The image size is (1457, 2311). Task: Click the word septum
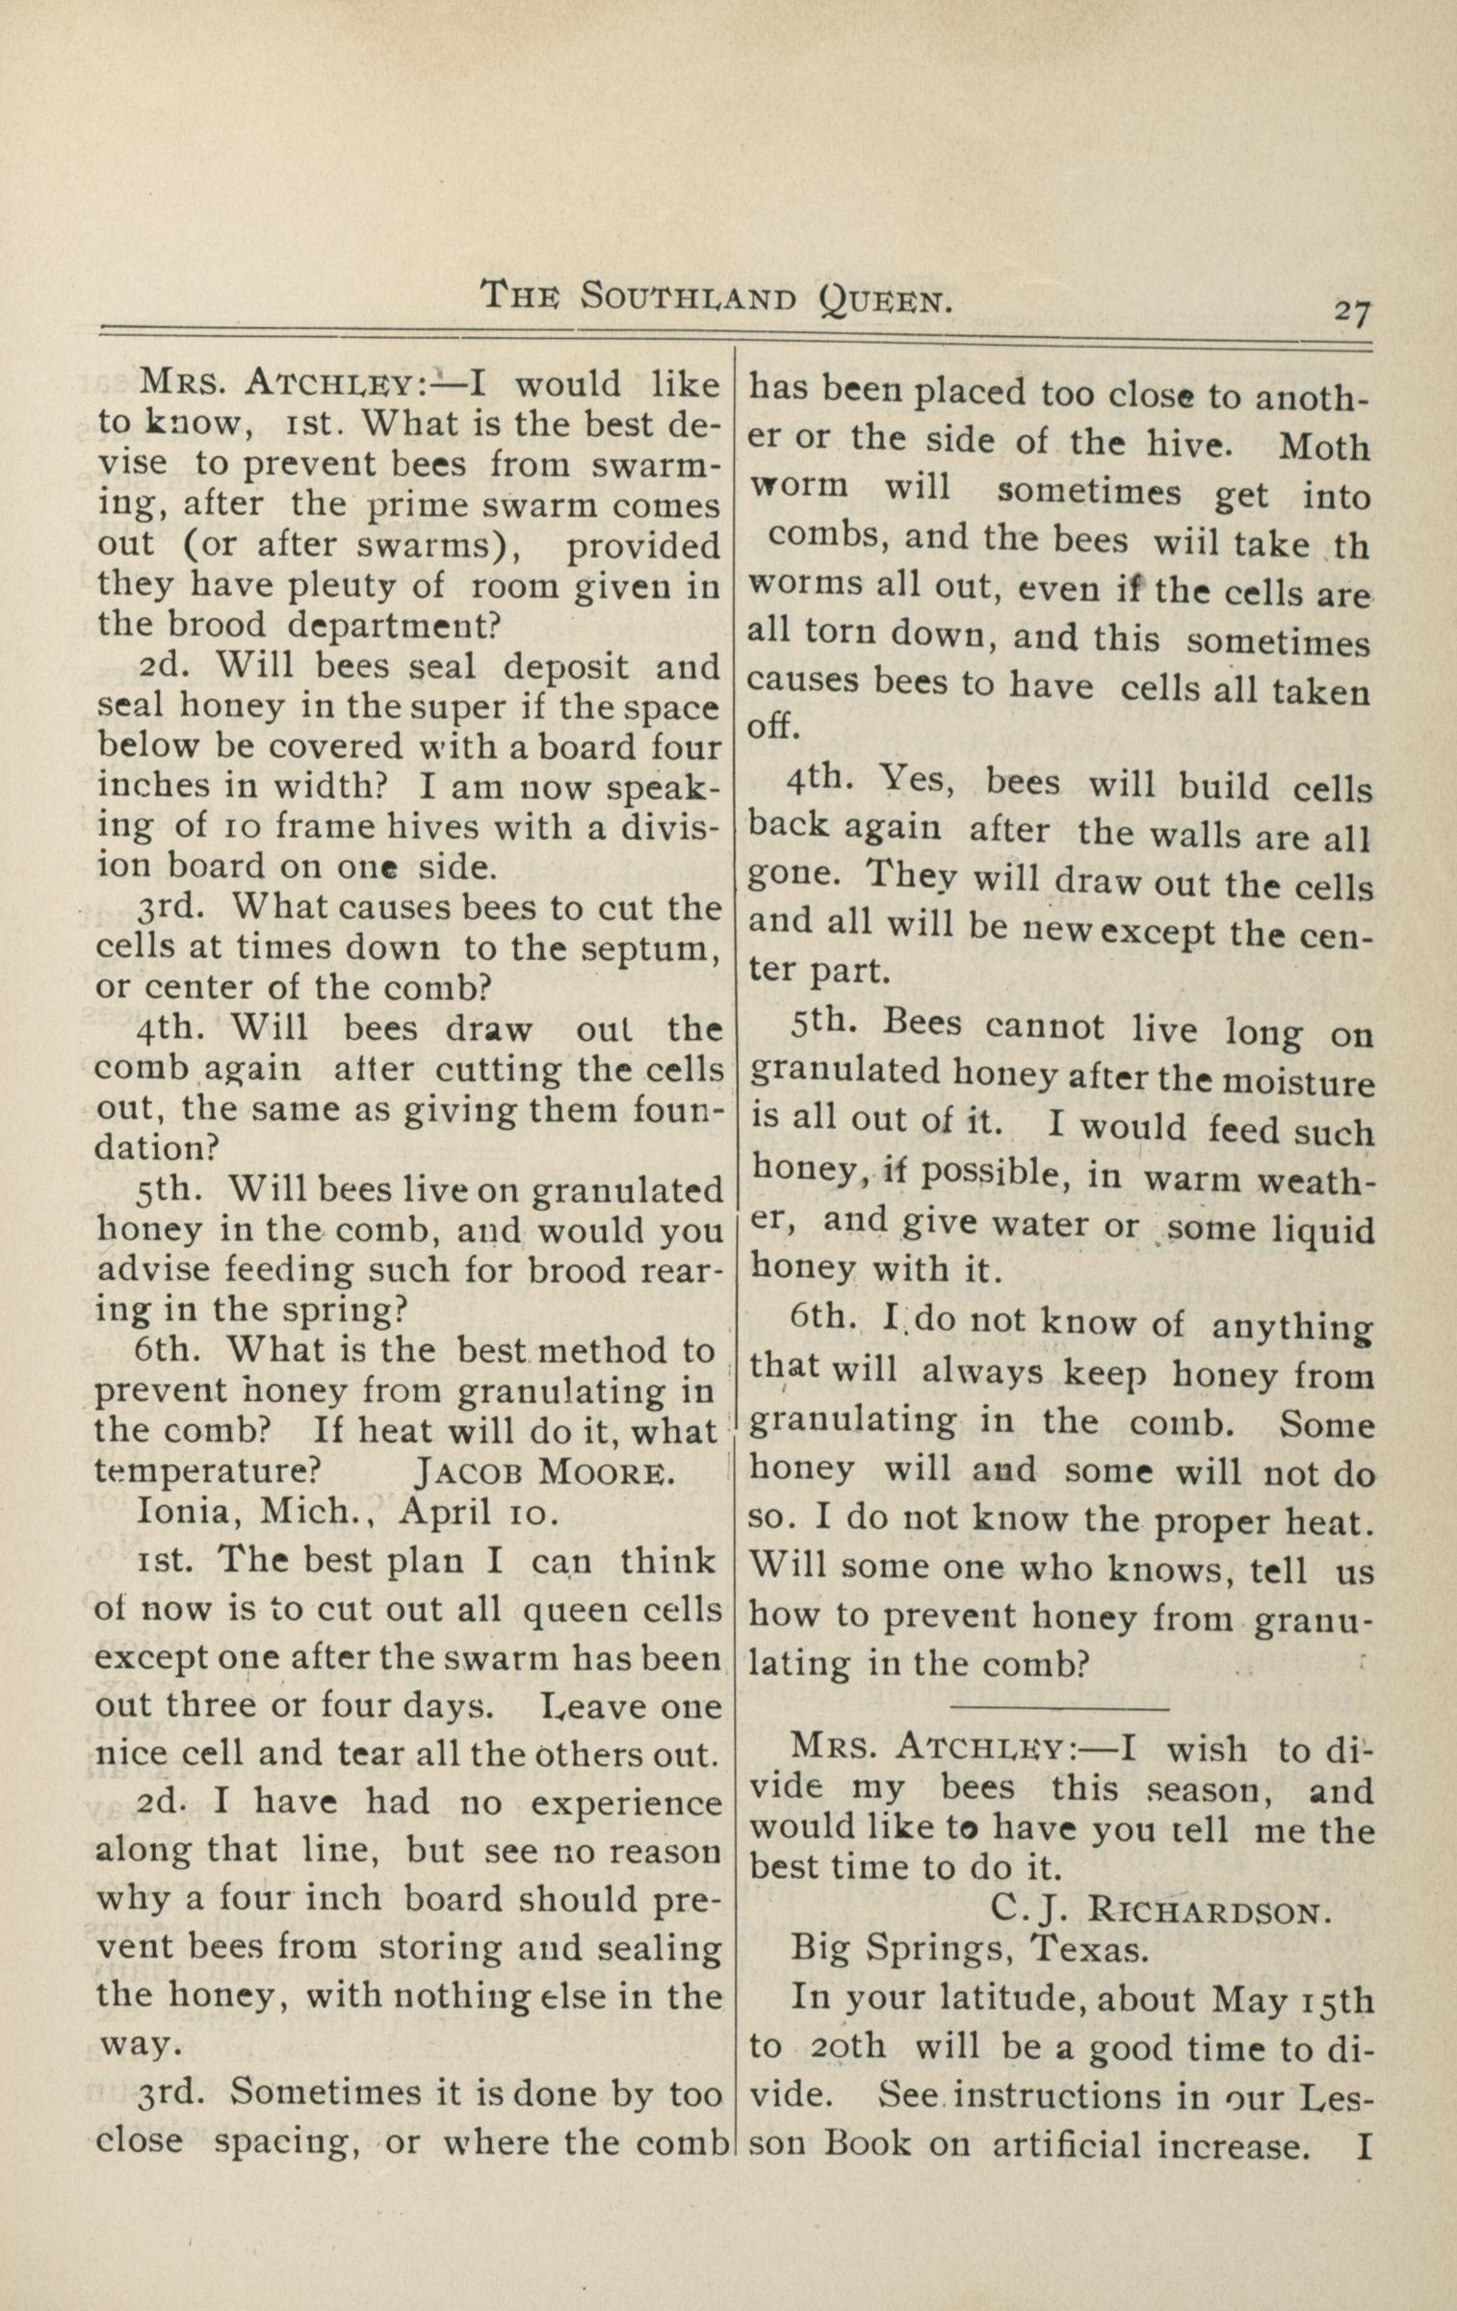click(654, 948)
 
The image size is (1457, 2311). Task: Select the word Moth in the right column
click(1324, 447)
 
